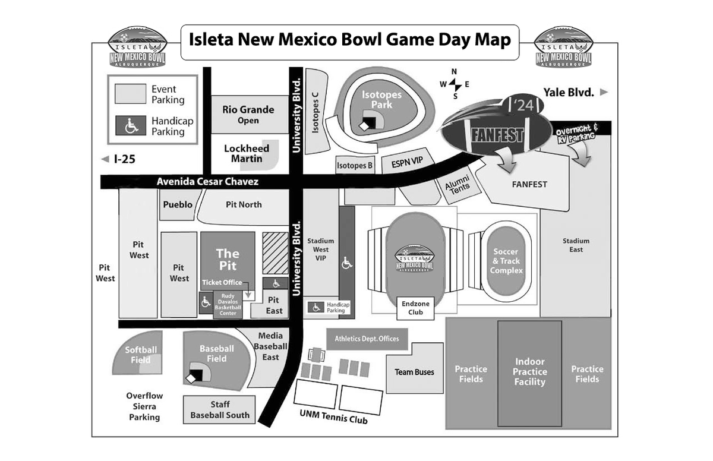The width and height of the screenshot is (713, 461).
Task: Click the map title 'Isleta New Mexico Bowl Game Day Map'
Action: coord(349,40)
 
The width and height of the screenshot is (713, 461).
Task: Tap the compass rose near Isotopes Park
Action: coord(455,84)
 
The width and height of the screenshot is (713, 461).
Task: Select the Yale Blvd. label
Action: coord(569,92)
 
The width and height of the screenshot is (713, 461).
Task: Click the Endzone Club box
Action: coord(416,308)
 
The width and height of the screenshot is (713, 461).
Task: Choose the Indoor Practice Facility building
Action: coord(529,372)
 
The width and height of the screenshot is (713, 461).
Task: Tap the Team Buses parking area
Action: coord(415,372)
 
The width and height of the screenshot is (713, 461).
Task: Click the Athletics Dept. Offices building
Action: coord(367,339)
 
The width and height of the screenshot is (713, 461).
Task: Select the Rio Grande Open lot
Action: coord(248,115)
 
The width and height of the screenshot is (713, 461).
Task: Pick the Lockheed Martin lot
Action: coord(246,153)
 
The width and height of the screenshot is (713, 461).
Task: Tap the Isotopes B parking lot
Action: coord(355,166)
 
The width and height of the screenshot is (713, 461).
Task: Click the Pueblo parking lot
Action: coord(178,205)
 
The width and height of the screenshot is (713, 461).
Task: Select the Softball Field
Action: coord(140,355)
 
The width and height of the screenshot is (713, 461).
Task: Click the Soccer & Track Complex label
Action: coord(506,261)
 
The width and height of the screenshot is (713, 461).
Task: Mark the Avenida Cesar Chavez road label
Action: coord(208,182)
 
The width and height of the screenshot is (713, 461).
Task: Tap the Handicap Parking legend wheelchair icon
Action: coord(131,126)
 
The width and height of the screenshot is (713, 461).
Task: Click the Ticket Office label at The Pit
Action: coord(222,282)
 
